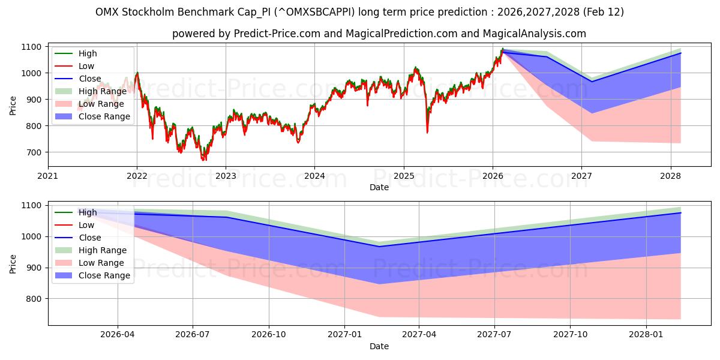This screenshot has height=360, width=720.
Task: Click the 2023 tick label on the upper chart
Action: tap(226, 176)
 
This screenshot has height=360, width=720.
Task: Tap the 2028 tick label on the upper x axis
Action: tap(670, 176)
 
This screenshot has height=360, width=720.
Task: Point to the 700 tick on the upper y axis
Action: tap(34, 152)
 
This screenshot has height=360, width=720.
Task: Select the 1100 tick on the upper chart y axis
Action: tap(32, 47)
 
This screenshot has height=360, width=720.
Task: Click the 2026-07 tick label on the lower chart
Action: tap(193, 334)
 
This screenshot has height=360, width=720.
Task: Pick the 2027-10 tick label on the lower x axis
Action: tap(571, 334)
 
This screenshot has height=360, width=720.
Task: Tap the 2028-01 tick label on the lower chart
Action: tap(647, 334)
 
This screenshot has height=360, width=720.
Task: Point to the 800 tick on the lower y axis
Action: tap(34, 299)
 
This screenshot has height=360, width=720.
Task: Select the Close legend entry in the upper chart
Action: tap(90, 79)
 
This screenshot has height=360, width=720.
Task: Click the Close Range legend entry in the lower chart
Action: tap(104, 275)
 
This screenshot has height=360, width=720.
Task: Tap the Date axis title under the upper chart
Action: tap(379, 187)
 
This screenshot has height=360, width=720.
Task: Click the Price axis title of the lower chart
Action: tap(13, 263)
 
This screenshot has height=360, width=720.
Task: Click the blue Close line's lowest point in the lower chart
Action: tap(379, 247)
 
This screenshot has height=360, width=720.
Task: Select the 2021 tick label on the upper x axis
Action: tap(48, 176)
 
